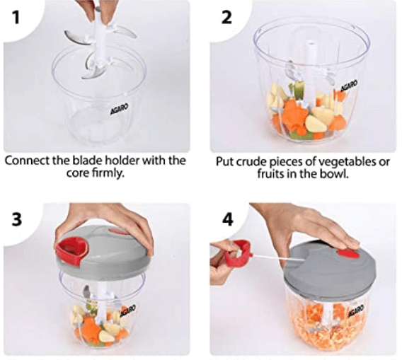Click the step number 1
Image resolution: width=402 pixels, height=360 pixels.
16,18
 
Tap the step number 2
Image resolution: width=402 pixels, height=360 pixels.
226,18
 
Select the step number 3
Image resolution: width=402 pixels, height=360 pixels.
17,219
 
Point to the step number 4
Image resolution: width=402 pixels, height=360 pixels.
228,219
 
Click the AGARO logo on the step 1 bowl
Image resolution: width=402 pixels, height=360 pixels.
119,109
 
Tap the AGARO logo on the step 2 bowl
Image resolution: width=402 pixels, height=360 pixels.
349,86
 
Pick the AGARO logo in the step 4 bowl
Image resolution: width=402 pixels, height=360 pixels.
356,310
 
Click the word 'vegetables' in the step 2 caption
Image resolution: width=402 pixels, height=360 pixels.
340,162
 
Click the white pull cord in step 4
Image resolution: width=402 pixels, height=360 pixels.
278,257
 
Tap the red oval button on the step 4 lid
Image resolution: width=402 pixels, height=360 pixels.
348,254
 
